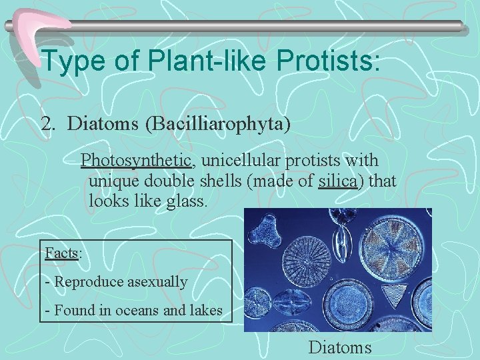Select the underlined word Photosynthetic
137,161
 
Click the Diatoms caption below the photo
340,347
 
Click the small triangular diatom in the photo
399,291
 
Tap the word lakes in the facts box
206,310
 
